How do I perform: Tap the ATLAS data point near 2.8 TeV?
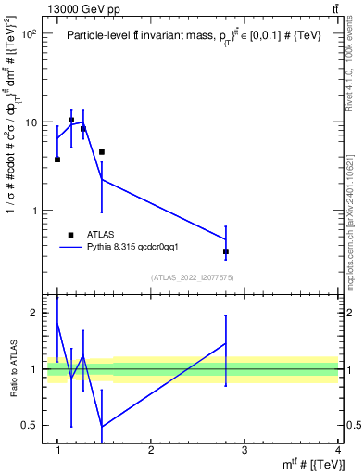click(226, 251)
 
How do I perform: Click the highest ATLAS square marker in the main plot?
click(71, 120)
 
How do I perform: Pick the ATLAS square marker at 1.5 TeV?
click(102, 151)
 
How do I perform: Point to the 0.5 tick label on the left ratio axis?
click(25, 425)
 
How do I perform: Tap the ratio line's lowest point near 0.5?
click(102, 426)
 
